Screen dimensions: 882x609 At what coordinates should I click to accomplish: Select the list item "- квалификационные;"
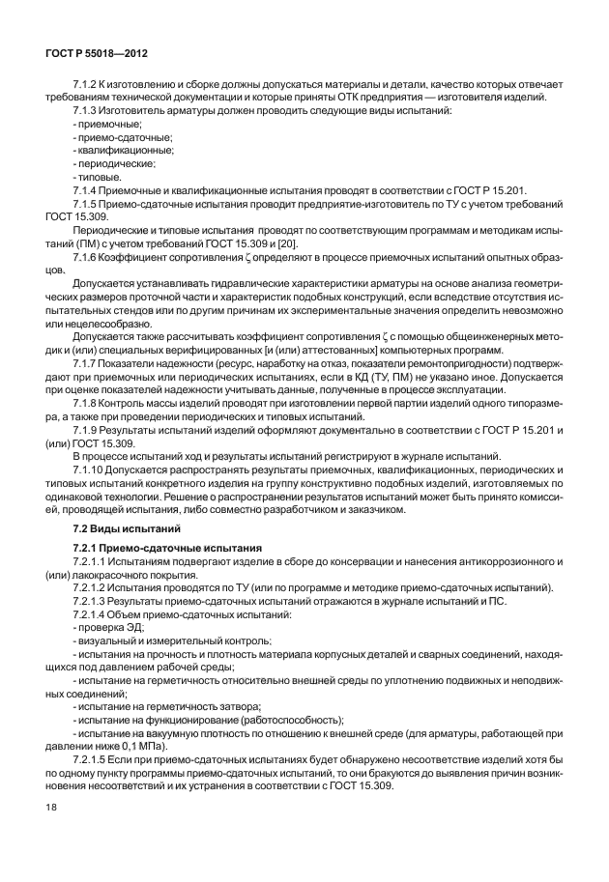pos(109,150)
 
